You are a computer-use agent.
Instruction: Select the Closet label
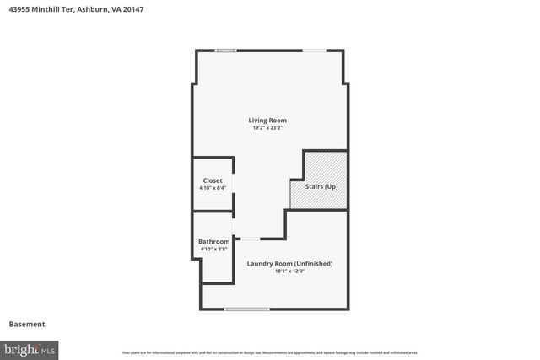pyautogui.click(x=213, y=180)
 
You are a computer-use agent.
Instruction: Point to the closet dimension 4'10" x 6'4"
pyautogui.click(x=213, y=188)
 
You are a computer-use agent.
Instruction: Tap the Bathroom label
pyautogui.click(x=213, y=242)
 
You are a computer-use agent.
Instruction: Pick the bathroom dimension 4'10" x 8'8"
pyautogui.click(x=213, y=250)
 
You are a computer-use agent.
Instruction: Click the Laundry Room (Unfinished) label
pyautogui.click(x=289, y=264)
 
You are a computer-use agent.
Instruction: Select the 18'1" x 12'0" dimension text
pyautogui.click(x=289, y=271)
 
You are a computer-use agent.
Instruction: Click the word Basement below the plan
pyautogui.click(x=27, y=325)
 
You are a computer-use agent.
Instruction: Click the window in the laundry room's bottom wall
pyautogui.click(x=246, y=309)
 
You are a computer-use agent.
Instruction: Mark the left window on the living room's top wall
pyautogui.click(x=225, y=51)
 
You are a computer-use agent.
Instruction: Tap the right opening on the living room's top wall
pyautogui.click(x=315, y=51)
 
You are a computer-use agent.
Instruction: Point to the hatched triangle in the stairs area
pyautogui.click(x=332, y=165)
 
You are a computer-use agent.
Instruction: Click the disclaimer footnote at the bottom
pyautogui.click(x=270, y=353)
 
